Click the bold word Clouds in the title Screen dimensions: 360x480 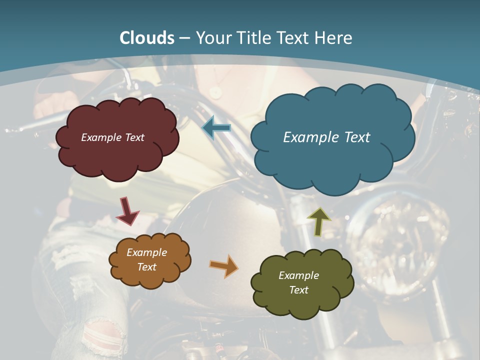pos(147,38)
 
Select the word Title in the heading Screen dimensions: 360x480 pos(255,38)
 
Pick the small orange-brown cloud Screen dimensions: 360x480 pos(150,277)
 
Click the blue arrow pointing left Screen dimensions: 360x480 pos(216,128)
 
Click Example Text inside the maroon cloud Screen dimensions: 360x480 pos(112,137)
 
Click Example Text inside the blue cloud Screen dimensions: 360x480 pos(326,137)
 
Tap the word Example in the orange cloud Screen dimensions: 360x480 pos(146,252)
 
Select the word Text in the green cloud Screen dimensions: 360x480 pos(298,290)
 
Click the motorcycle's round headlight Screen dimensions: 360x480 pos(405,240)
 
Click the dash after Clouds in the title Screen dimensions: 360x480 pos(184,38)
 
